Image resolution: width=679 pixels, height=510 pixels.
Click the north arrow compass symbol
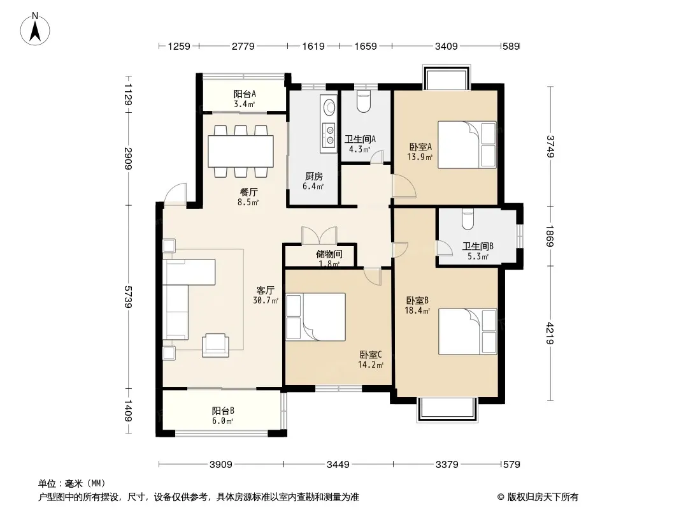tap(35, 29)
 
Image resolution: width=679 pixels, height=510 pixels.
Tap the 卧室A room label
tap(420, 147)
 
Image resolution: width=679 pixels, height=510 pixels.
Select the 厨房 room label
tap(313, 177)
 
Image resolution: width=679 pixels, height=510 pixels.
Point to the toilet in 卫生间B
tap(468, 219)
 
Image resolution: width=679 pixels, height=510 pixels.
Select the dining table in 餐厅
tap(240, 151)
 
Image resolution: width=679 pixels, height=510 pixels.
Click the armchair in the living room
tap(216, 345)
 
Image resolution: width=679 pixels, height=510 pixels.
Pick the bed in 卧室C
tap(316, 317)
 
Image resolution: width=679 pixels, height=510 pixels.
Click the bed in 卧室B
tap(468, 331)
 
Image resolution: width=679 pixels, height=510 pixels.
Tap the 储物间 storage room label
tap(329, 254)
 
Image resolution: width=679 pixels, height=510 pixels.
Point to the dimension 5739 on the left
tap(127, 297)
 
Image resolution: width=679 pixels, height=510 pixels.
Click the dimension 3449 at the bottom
tap(338, 465)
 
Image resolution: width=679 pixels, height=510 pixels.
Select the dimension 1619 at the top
tap(313, 46)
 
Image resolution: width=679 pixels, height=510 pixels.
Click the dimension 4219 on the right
tap(550, 333)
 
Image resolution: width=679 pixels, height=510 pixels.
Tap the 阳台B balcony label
tap(223, 411)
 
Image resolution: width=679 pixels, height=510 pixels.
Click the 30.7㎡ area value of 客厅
tap(266, 300)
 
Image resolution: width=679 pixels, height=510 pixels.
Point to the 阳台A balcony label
tap(245, 94)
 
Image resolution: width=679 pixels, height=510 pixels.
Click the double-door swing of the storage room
tap(320, 235)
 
